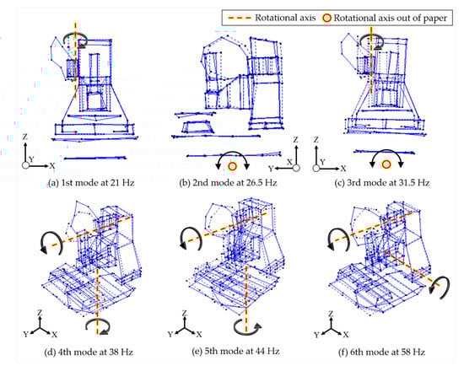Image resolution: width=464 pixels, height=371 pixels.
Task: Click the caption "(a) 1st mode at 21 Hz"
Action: [x=91, y=183]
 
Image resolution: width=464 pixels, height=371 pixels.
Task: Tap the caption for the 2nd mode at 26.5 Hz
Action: [x=228, y=183]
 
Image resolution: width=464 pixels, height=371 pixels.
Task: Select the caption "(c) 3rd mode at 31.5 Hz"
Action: [x=381, y=183]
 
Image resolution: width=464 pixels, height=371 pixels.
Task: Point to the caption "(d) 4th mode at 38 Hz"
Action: [x=89, y=352]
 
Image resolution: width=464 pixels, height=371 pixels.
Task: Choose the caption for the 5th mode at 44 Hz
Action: [x=235, y=351]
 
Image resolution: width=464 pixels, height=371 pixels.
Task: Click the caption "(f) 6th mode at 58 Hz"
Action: [x=381, y=352]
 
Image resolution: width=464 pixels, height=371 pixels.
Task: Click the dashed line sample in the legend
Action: [x=239, y=18]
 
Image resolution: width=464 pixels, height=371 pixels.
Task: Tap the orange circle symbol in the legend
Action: [x=326, y=18]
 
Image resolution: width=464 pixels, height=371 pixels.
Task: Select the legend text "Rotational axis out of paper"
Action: [x=391, y=18]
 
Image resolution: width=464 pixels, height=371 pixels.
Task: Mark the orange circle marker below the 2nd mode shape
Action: [x=233, y=166]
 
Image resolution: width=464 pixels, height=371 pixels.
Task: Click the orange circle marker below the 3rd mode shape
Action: [x=386, y=164]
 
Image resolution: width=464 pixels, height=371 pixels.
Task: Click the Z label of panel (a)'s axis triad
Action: [x=25, y=137]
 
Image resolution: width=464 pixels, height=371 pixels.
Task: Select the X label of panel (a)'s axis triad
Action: [x=52, y=165]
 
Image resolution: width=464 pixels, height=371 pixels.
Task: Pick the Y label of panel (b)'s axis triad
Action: [x=271, y=169]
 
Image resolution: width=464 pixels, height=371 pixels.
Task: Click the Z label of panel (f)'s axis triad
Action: [x=332, y=314]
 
